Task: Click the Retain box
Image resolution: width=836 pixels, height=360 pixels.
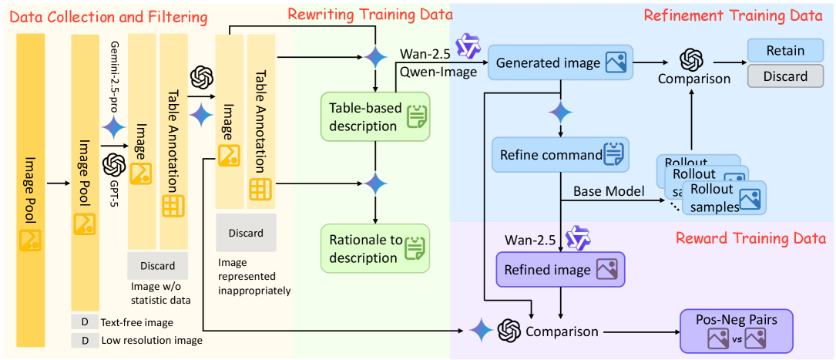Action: click(784, 51)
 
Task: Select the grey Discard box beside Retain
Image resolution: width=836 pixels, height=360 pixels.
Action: click(784, 76)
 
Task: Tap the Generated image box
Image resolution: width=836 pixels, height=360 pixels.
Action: click(560, 62)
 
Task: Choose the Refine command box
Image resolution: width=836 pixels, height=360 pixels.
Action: click(560, 154)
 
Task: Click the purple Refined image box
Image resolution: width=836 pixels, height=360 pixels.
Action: click(560, 270)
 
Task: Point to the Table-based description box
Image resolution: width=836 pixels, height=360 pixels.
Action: click(375, 116)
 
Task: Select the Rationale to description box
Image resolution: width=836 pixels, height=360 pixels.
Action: click(375, 248)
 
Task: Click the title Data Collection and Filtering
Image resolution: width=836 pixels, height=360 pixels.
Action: click(109, 16)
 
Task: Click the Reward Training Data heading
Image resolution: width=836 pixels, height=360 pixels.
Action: click(750, 238)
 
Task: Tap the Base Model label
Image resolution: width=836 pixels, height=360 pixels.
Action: click(609, 190)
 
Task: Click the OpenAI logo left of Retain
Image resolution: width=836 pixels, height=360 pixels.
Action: click(690, 59)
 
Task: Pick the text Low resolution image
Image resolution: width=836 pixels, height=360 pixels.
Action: click(153, 340)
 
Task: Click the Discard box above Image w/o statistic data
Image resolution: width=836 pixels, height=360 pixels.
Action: click(157, 266)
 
